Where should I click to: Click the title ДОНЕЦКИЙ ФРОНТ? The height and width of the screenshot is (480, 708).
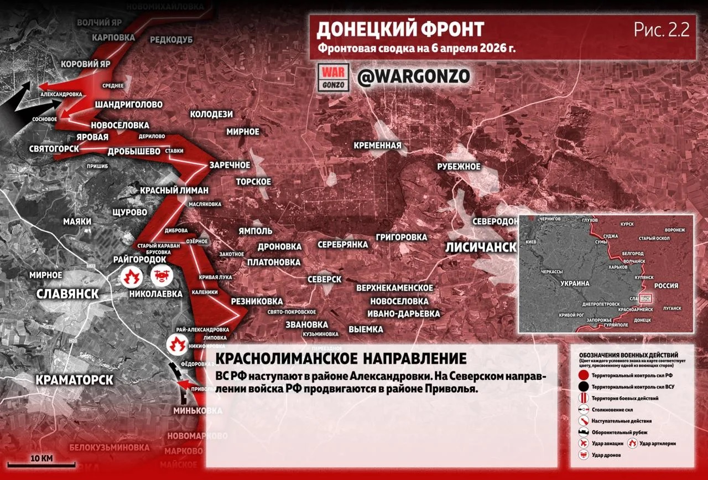pos(400,29)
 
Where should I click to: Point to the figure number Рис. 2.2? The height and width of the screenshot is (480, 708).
pos(662,30)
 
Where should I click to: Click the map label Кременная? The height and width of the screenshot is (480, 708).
pos(378,145)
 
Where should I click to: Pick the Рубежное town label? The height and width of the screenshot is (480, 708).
pos(459,167)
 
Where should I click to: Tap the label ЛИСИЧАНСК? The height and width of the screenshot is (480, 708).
pos(480,247)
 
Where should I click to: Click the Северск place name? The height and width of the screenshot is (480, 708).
pos(324,279)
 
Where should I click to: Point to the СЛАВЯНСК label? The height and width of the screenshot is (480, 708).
pos(67,293)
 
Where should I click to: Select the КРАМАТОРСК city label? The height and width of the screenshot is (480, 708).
pos(74,380)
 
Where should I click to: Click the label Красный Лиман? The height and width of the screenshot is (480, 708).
pos(174,190)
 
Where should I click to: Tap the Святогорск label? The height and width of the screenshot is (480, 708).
pos(54,148)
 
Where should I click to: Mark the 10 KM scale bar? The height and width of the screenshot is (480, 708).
pos(41,463)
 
